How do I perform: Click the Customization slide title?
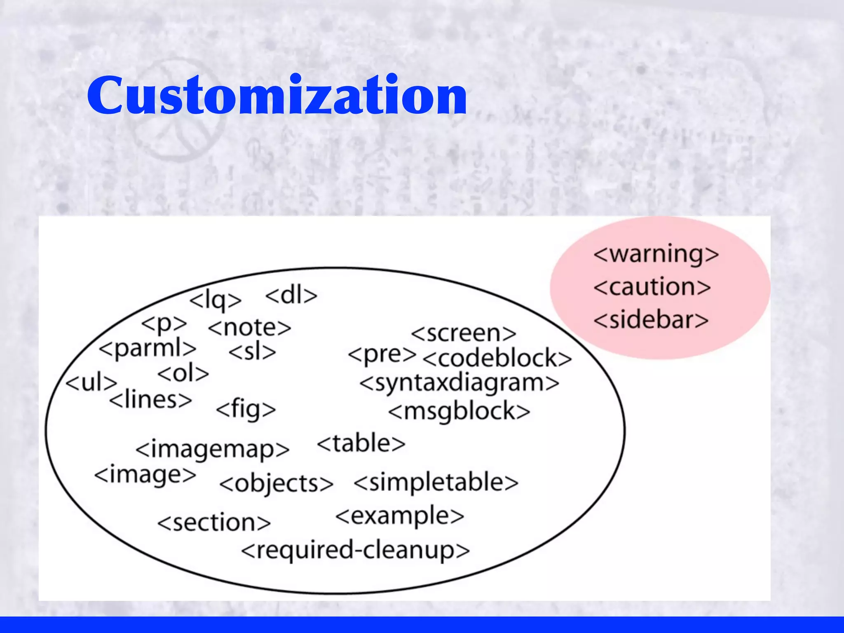point(277,96)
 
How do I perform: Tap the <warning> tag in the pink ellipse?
point(656,254)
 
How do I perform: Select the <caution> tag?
point(652,287)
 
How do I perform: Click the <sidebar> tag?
point(651,320)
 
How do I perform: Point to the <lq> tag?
point(215,300)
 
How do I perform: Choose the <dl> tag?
point(291,295)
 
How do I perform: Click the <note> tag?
point(250,328)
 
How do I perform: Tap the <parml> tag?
point(148,349)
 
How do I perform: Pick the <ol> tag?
point(183,374)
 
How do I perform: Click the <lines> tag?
point(150,400)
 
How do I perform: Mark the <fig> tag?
point(246,409)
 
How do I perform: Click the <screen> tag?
point(463,333)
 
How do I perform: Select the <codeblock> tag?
point(497,358)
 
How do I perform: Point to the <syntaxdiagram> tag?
point(459,383)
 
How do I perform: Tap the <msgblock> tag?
point(459,412)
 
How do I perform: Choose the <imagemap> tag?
point(212,449)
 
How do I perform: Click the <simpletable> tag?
point(436,483)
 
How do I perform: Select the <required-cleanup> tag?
point(355,550)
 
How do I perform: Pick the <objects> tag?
point(276,483)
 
